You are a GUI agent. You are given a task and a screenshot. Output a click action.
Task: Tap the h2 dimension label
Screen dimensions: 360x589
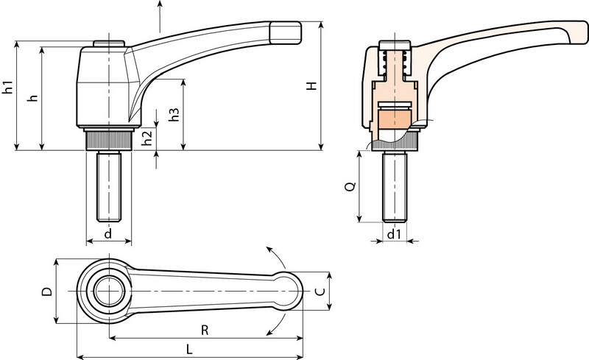coord(147,137)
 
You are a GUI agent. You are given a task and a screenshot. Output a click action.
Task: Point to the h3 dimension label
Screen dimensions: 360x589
coord(174,115)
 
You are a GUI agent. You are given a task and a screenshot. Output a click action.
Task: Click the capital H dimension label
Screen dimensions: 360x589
coord(312,86)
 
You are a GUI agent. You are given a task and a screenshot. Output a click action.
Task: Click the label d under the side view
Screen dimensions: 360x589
coord(108,234)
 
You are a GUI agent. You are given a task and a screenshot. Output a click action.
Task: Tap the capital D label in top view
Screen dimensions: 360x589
coord(46,292)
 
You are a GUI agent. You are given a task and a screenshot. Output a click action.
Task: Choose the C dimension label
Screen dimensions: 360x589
coord(319,292)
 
